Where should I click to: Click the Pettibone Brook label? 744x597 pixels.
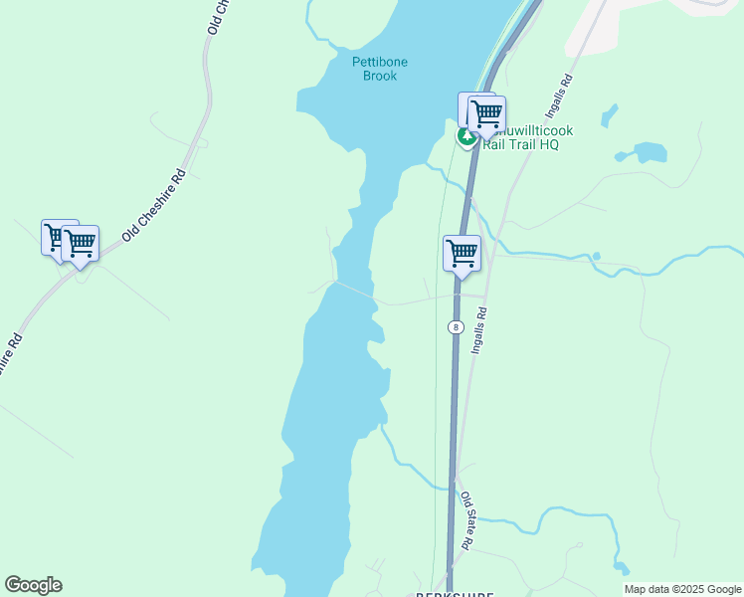coord(380,69)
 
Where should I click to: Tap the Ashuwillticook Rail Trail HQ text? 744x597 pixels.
coord(520,137)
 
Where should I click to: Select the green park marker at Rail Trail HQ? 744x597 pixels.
coord(465,137)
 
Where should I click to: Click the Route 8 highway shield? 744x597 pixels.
coord(455,326)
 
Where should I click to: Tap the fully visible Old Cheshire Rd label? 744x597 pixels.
coord(154,206)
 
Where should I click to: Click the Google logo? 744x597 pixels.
coord(33,585)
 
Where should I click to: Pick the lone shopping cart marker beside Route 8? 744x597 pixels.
coord(462,253)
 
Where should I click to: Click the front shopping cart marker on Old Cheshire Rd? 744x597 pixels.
coord(80,243)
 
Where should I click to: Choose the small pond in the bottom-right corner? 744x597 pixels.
coord(622,570)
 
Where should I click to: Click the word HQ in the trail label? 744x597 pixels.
coord(548,144)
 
